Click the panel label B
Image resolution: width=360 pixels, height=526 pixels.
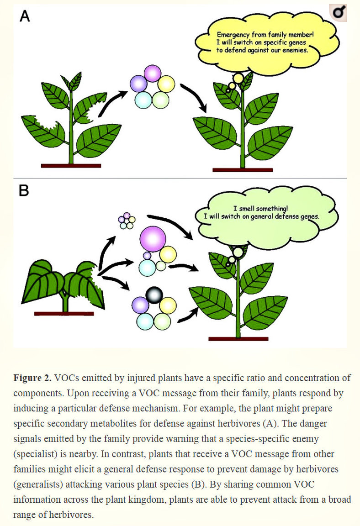tap(24, 190)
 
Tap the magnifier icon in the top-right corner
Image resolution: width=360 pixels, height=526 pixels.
tap(339, 13)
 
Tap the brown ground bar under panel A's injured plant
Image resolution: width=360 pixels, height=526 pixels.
tap(70, 166)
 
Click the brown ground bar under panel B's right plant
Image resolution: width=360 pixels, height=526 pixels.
tap(238, 338)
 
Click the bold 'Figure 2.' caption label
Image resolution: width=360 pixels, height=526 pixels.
tap(32, 378)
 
